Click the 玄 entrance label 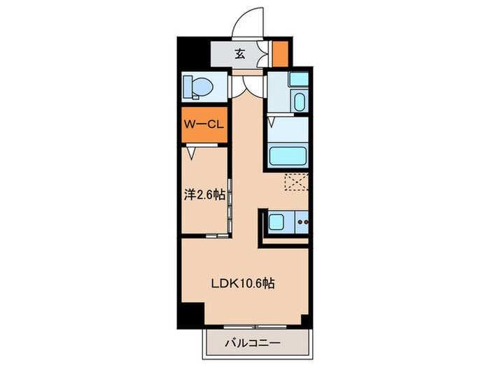tap(239, 55)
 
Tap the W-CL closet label tap(204, 124)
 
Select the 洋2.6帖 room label tap(204, 195)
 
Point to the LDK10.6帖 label tap(243, 283)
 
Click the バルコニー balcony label tap(253, 344)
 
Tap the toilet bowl tap(202, 86)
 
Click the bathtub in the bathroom tap(288, 157)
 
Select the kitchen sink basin tap(276, 222)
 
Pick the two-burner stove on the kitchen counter tap(302, 222)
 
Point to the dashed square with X tap(296, 182)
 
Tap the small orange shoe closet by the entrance tap(280, 54)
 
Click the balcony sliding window tap(255, 327)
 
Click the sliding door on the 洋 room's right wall tap(230, 206)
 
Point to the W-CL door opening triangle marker tap(192, 153)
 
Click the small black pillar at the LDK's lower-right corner tap(306, 320)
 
